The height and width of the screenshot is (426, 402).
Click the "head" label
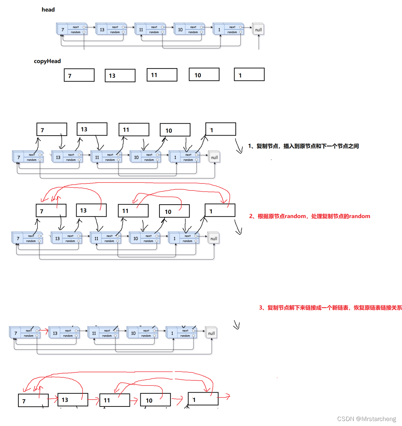coord(48,10)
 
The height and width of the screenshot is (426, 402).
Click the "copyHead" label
coord(47,61)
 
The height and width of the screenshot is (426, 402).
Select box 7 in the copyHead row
coord(79,75)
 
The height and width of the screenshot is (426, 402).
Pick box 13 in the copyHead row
coord(120,75)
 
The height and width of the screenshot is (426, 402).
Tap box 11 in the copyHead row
coord(162,75)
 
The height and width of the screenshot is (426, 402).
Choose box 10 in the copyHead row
coord(204,74)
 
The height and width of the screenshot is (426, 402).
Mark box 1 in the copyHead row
coord(249,74)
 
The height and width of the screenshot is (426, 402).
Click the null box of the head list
coord(258,29)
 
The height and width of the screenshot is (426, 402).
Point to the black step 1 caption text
coord(303,146)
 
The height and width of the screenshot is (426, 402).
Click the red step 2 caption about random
coord(310,216)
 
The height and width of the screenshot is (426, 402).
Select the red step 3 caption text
coord(330,307)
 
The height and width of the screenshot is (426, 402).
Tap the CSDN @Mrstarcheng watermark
coord(366,419)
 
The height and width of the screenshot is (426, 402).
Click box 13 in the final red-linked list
coord(72,400)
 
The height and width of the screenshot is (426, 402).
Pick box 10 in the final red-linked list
coord(155,400)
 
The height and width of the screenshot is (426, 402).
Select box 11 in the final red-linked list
coord(114,400)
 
